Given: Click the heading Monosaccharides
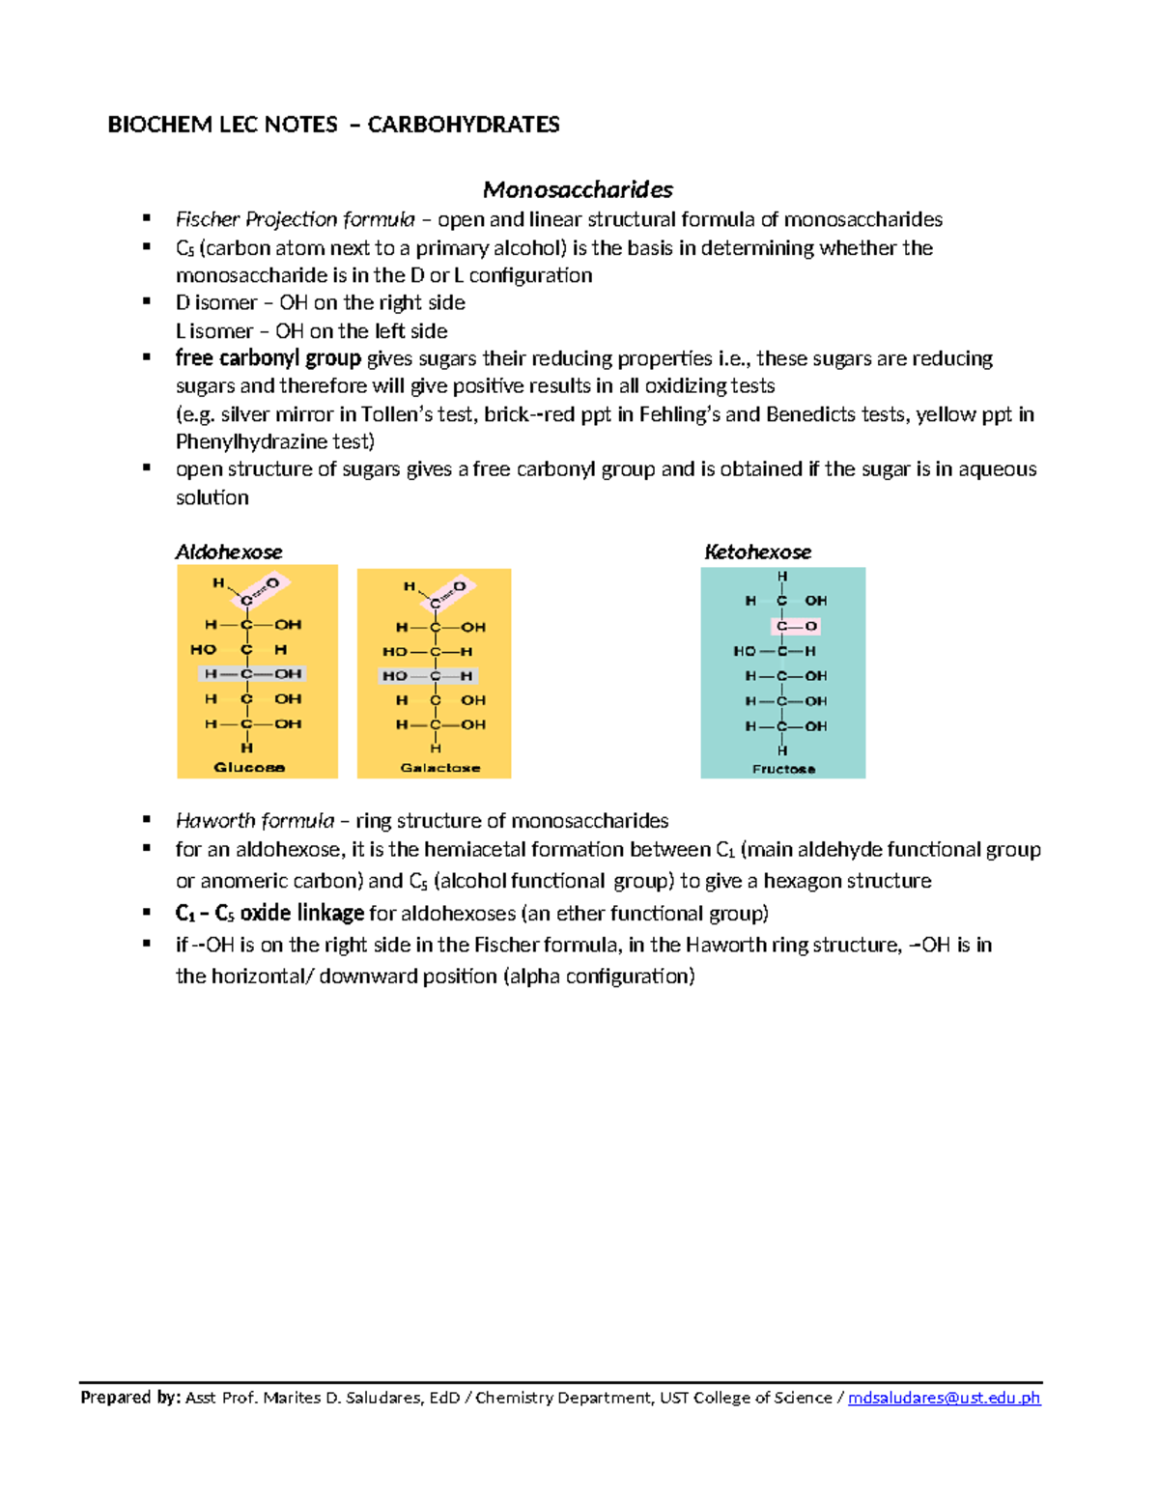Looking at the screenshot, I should point(578,189).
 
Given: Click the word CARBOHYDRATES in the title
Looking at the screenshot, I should point(463,125).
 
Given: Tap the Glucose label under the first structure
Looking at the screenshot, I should point(249,768).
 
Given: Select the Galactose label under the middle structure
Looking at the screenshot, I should point(440,768).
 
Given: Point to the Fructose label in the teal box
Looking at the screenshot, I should point(783,769).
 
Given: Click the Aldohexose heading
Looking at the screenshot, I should point(229,552).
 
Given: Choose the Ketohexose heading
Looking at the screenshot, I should point(757,552).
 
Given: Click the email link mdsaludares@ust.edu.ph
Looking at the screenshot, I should point(944,1398).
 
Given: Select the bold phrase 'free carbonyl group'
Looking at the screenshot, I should point(268,358).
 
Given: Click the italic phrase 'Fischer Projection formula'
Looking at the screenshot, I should point(295,219).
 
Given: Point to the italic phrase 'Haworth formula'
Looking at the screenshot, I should point(255,821).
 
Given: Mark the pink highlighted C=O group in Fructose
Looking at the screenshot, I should point(797,626).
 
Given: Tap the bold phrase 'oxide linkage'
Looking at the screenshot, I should point(301,913).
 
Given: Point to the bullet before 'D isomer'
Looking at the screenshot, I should point(147,301).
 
